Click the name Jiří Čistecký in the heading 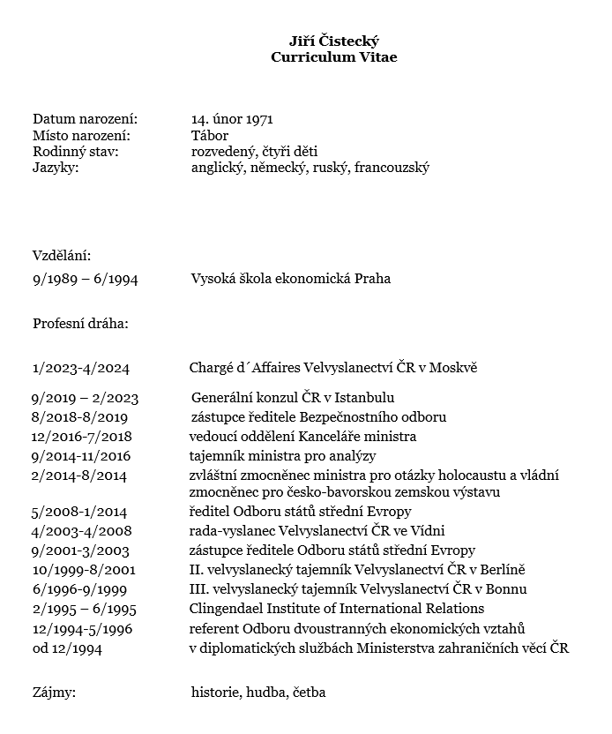click(334, 41)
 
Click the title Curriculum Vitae click(334, 57)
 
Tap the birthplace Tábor click(209, 135)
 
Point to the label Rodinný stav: click(76, 152)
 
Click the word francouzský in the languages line click(392, 168)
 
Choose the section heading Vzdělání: click(62, 256)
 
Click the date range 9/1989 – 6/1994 click(85, 279)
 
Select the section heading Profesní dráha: click(80, 323)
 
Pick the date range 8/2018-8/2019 click(80, 416)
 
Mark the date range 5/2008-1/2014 click(79, 512)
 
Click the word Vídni click(427, 531)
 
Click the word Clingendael click(230, 609)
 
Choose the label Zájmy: click(54, 693)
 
